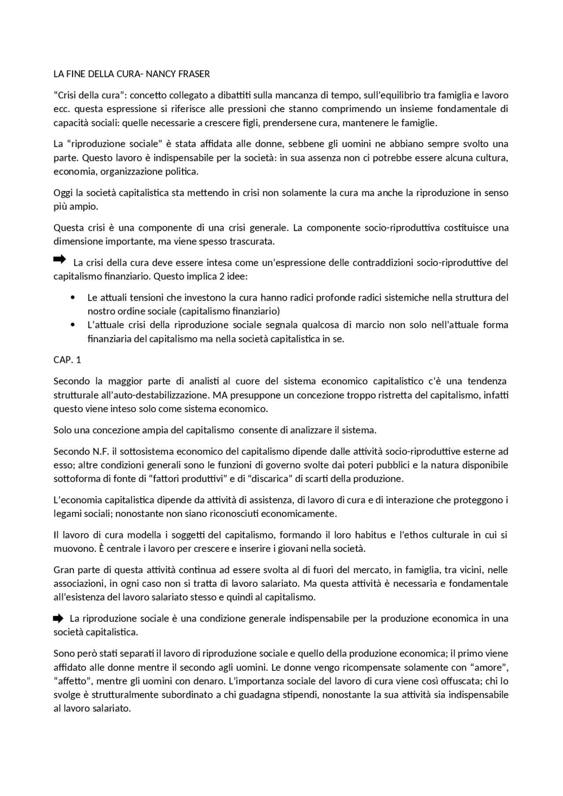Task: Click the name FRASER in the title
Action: click(x=194, y=74)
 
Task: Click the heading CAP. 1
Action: click(x=67, y=360)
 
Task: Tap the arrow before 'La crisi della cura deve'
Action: click(x=59, y=259)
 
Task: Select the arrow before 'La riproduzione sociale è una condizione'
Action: click(x=58, y=619)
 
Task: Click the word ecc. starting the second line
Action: click(x=60, y=109)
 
